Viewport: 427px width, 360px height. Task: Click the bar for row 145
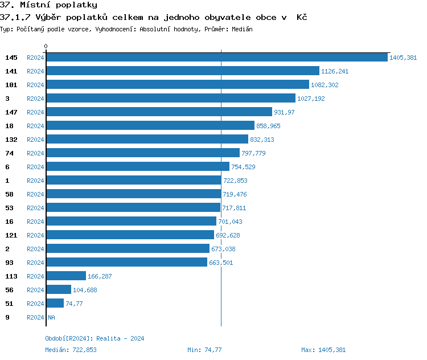click(216, 58)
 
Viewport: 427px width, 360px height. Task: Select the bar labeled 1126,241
click(182, 71)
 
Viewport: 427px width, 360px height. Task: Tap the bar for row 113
click(66, 276)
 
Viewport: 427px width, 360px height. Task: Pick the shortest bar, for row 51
click(55, 304)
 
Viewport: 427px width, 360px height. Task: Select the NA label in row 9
click(51, 317)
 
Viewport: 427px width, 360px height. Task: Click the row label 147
click(11, 112)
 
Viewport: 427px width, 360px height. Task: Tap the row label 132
click(11, 140)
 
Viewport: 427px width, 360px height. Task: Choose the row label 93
click(9, 263)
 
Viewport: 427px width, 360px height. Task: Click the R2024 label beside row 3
click(35, 99)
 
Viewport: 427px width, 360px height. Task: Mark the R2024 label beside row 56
click(35, 290)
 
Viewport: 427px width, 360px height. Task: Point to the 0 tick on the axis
click(46, 47)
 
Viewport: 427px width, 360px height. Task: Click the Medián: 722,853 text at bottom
click(71, 350)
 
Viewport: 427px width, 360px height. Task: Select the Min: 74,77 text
click(204, 350)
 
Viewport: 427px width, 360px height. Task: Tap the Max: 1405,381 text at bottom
click(323, 350)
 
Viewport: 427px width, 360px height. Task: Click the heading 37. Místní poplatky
click(48, 5)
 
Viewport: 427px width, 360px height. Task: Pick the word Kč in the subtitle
click(302, 18)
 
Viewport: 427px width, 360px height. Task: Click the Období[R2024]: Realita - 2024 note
click(95, 338)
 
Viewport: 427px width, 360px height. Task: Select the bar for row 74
click(143, 153)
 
